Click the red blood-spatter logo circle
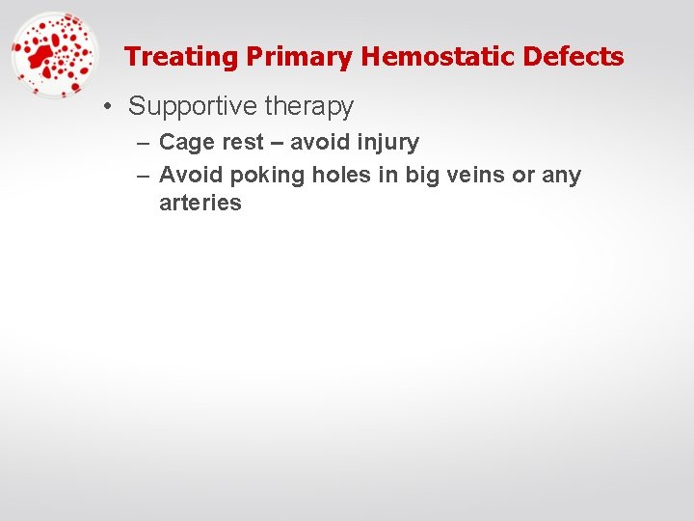coord(54,55)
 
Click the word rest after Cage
coord(243,143)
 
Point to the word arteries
coord(200,203)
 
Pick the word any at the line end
coord(563,176)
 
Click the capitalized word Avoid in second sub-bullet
coord(191,176)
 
